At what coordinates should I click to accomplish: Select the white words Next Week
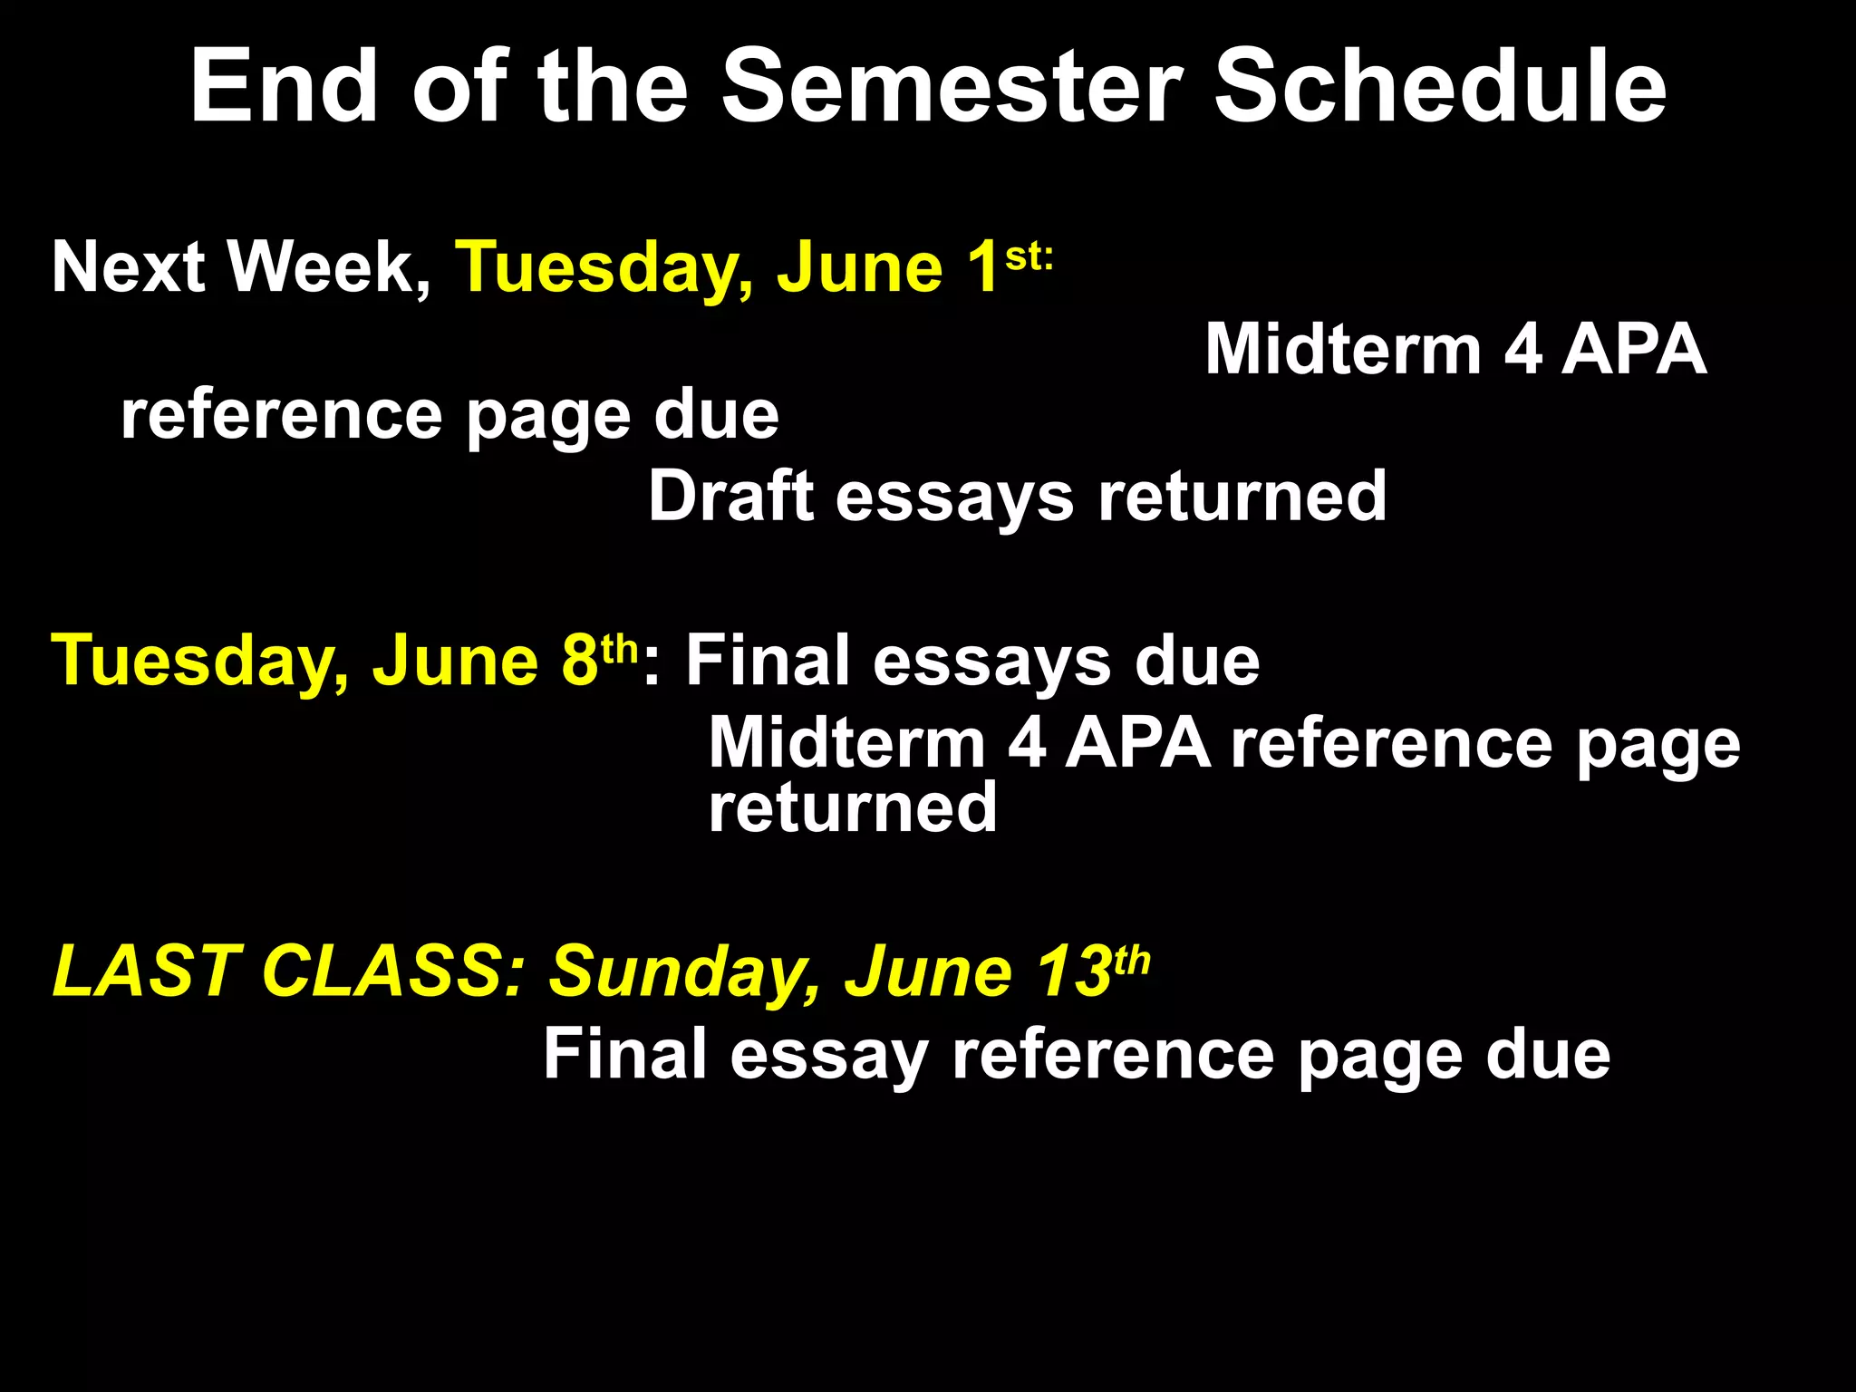pyautogui.click(x=241, y=267)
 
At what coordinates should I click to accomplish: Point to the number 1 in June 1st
pyautogui.click(x=982, y=267)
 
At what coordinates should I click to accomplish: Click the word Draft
pyautogui.click(x=730, y=497)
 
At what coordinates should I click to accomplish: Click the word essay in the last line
pyautogui.click(x=828, y=1055)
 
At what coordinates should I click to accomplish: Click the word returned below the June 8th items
pyautogui.click(x=852, y=807)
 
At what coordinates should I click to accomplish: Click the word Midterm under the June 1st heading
pyautogui.click(x=1342, y=350)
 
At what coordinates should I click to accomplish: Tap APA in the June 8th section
pyautogui.click(x=1137, y=743)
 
